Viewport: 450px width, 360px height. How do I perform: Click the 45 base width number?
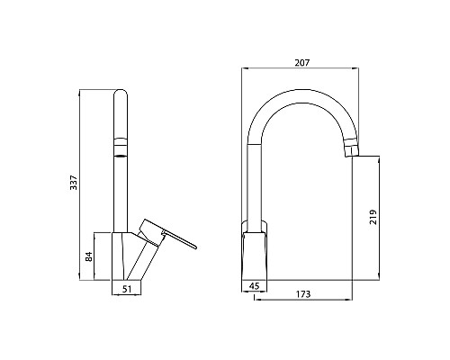click(x=255, y=288)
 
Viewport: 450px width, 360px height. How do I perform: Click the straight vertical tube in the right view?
click(x=256, y=180)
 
